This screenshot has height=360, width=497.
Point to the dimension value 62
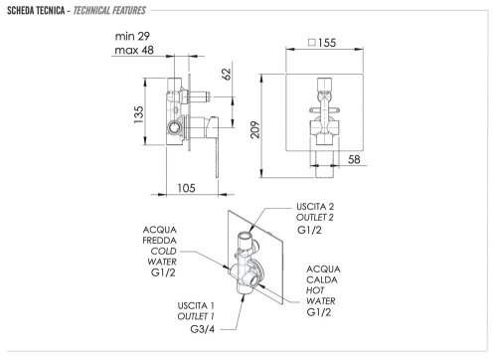click(x=227, y=74)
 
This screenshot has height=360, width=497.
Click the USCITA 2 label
click(x=321, y=206)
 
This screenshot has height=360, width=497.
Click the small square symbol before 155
click(x=312, y=44)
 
